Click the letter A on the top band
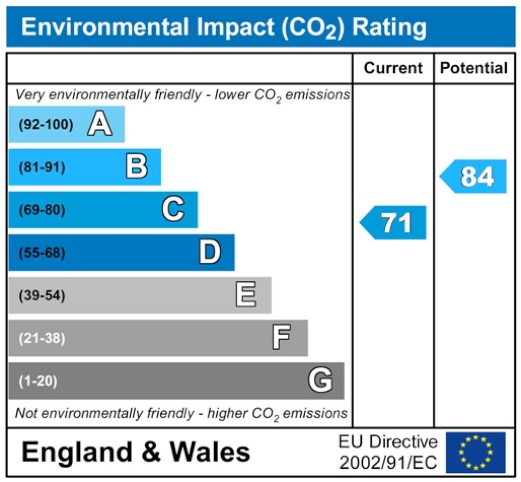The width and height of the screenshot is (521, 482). click(100, 124)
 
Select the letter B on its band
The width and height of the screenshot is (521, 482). click(137, 167)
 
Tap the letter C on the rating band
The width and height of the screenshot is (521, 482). click(173, 210)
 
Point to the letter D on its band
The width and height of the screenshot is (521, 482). click(210, 253)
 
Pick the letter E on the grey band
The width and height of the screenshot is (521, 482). click(246, 296)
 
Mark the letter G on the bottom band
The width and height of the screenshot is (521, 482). click(321, 381)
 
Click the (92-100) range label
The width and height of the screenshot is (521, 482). click(46, 124)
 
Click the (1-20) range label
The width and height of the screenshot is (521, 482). click(38, 381)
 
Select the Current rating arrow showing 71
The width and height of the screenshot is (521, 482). click(393, 223)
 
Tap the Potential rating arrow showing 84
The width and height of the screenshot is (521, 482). click(474, 176)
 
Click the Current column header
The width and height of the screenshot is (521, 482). click(393, 68)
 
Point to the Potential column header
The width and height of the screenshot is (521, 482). click(474, 68)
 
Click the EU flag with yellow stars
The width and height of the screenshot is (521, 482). click(475, 452)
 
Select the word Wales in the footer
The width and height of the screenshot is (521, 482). click(210, 452)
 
